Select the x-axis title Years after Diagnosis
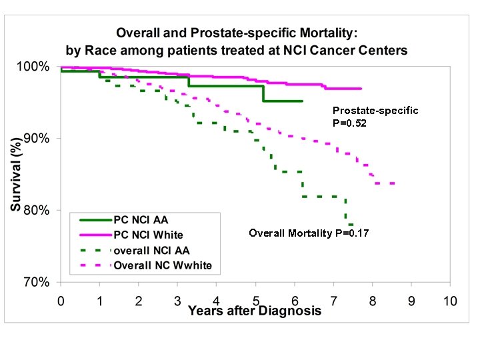coord(255,311)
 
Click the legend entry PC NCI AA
coord(141,219)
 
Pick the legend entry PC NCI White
coord(147,235)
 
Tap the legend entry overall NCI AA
coord(151,251)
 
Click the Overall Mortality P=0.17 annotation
coord(309,233)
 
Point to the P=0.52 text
coord(351,123)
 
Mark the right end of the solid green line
coord(303,101)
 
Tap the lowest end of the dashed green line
coord(352,225)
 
